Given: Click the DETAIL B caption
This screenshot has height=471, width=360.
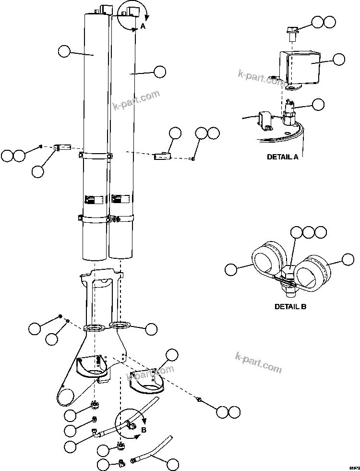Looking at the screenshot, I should pyautogui.click(x=290, y=306).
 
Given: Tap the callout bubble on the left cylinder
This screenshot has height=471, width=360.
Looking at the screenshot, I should pyautogui.click(x=64, y=51).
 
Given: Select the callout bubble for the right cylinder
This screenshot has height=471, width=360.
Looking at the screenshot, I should pyautogui.click(x=159, y=72).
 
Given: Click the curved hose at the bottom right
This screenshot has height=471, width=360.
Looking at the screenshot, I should pyautogui.click(x=154, y=450).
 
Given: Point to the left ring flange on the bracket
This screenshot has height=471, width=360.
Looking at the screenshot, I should pyautogui.click(x=94, y=328).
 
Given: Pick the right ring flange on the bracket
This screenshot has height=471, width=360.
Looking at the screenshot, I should pyautogui.click(x=120, y=326).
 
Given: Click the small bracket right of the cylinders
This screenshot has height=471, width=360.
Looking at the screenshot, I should pyautogui.click(x=162, y=156).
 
